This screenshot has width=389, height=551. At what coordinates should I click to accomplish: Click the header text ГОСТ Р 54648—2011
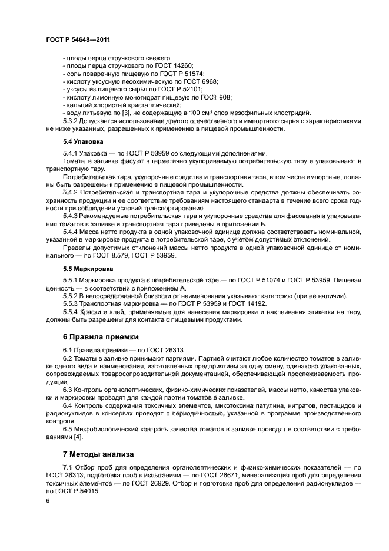coord(78,40)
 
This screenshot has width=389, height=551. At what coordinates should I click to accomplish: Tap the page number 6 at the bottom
coord(47,500)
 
